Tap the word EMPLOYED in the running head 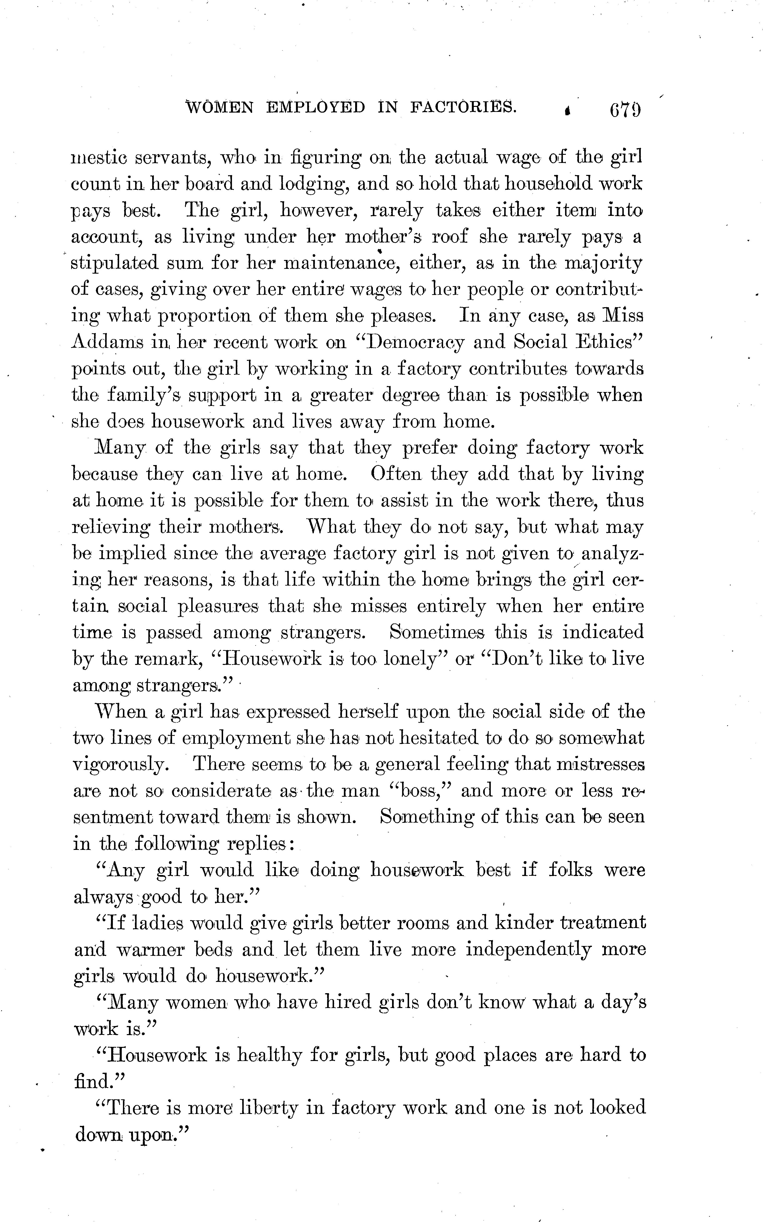click(x=316, y=107)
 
